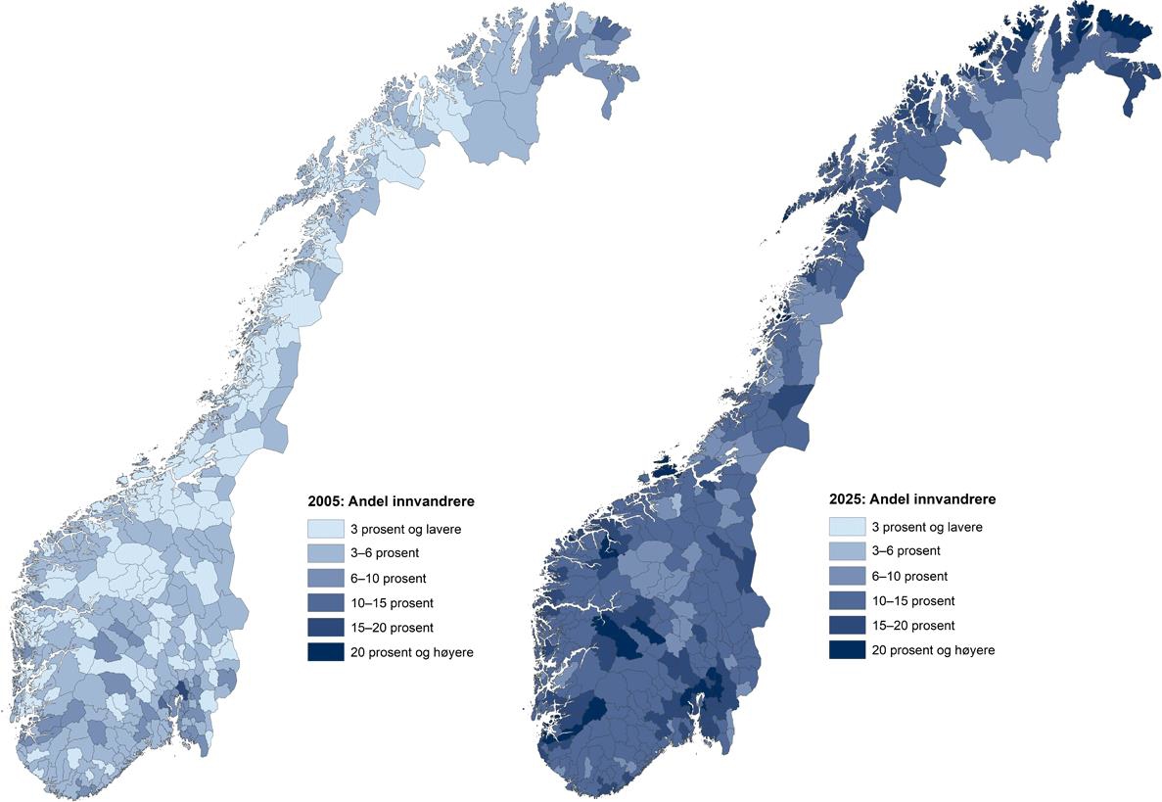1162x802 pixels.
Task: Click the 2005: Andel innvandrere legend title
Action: tap(392, 501)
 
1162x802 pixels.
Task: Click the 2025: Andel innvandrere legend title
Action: tap(912, 499)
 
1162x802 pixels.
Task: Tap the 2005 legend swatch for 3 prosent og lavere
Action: tap(325, 529)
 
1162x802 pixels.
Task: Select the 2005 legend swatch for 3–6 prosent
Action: tap(325, 553)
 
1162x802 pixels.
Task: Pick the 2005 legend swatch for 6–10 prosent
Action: tap(325, 578)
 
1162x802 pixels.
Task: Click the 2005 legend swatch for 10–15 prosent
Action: tap(325, 602)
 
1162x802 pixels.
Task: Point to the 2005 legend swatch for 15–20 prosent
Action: tap(325, 628)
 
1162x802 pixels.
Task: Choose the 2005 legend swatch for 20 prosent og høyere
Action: tap(325, 652)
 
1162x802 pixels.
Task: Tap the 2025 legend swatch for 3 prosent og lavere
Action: tap(847, 527)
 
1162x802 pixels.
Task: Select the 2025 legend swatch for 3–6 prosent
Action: tap(847, 551)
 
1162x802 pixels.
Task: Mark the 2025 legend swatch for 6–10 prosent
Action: tap(847, 576)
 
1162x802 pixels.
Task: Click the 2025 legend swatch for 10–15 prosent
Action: tap(847, 600)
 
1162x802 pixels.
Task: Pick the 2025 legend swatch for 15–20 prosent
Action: tap(847, 626)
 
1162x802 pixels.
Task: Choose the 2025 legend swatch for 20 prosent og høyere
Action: tap(847, 650)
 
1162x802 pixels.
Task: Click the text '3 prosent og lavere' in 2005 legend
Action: tap(406, 529)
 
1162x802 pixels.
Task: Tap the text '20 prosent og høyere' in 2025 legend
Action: tap(933, 650)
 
